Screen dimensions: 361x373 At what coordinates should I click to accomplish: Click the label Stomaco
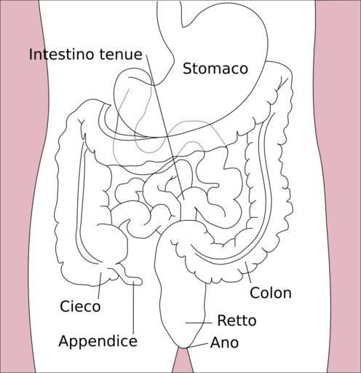215,68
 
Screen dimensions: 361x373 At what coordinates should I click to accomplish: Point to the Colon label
271,293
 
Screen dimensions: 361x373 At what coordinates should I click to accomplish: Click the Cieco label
80,306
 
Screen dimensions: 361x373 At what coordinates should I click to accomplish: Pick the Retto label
237,321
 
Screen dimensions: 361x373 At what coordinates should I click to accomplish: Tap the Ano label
224,342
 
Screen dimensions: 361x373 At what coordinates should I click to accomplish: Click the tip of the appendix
141,281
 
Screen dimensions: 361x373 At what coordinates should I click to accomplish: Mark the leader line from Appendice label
134,308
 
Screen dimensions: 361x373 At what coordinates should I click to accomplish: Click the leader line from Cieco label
100,286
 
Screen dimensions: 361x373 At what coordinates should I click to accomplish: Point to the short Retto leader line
199,323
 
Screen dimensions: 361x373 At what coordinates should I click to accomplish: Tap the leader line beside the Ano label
199,345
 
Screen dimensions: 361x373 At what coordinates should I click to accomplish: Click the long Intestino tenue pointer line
165,127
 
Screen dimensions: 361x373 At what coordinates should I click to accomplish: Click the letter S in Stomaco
187,68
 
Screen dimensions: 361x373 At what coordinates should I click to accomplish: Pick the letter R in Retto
221,321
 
